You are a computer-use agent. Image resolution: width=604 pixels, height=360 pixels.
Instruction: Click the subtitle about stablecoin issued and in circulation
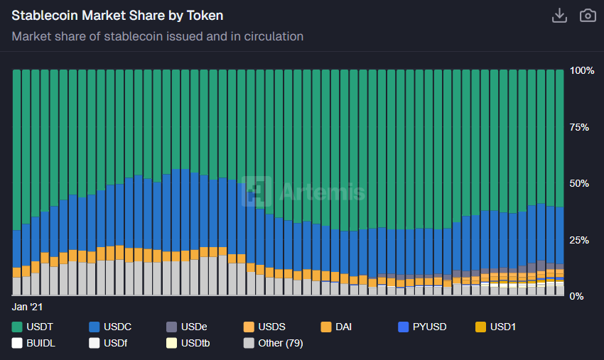pos(158,36)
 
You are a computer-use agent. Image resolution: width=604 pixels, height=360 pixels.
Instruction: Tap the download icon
pos(559,16)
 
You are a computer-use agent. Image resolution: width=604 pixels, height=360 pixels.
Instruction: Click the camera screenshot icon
pos(588,16)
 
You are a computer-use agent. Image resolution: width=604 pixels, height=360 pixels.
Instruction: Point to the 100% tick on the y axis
pos(582,70)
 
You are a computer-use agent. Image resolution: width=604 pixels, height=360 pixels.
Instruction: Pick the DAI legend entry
pos(336,327)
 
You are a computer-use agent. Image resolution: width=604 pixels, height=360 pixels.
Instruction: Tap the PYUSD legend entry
pos(422,327)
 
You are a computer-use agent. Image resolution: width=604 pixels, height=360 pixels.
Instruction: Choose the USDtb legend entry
pos(188,344)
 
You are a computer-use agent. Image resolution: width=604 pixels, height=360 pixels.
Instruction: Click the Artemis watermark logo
pos(303,191)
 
